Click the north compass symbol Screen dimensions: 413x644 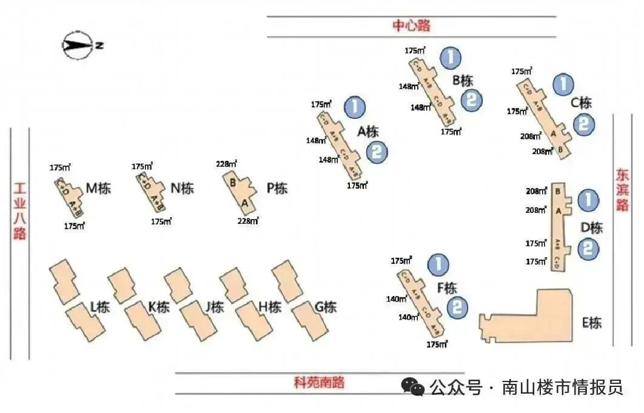coord(78,46)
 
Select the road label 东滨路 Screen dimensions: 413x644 coord(623,190)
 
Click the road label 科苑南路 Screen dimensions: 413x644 coord(319,382)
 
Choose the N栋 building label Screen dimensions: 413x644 coord(183,188)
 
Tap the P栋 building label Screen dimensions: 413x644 coord(277,188)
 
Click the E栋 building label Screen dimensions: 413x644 coord(591,323)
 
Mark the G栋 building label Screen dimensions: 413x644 coord(325,307)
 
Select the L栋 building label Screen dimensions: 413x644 coord(100,307)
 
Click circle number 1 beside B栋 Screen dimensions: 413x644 coord(450,58)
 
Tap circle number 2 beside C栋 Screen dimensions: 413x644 coord(583,124)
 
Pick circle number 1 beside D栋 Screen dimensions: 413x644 coord(587,200)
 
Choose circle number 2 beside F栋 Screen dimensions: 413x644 coord(458,307)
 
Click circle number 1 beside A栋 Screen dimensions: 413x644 coord(355,107)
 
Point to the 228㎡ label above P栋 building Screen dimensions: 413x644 coord(226,164)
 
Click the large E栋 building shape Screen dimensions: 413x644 coord(534,318)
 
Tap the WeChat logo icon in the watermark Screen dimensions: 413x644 coord(414,387)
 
